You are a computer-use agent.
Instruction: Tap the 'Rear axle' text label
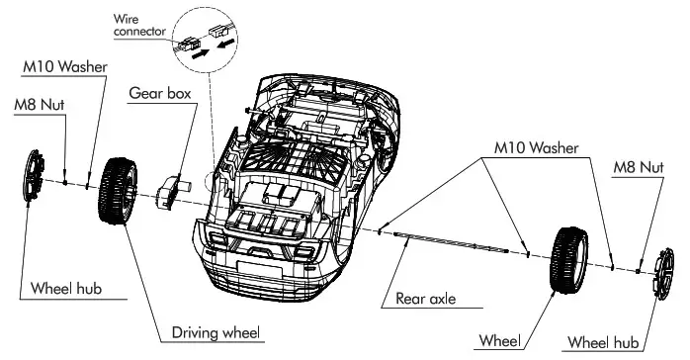pos(427,297)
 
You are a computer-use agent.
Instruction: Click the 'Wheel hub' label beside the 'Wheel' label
pos(602,342)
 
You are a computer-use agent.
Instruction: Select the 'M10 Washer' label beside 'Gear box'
pos(65,66)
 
